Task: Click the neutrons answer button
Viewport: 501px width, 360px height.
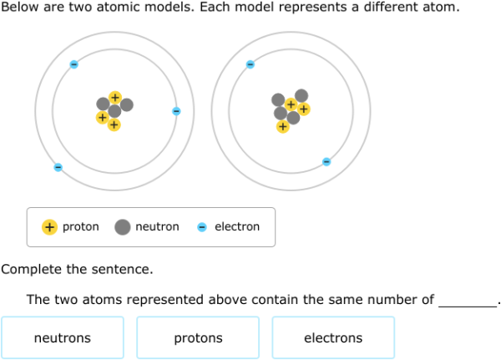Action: (63, 337)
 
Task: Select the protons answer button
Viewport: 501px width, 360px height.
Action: (198, 337)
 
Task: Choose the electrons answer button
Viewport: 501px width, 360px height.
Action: (333, 337)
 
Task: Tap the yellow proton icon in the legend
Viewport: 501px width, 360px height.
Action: (49, 227)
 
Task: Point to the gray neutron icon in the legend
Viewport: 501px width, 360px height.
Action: (123, 227)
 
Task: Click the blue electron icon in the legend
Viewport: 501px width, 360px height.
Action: (202, 227)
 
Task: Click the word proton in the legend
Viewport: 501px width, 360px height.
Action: (81, 226)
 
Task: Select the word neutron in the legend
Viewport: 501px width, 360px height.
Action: (157, 226)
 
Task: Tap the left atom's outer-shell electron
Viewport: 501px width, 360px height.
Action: (58, 167)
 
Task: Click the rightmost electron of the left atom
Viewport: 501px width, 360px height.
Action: (176, 111)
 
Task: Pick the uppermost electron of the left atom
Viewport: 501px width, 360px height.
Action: (73, 64)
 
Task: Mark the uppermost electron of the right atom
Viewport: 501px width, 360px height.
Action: (250, 64)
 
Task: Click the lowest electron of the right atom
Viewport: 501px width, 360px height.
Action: (326, 162)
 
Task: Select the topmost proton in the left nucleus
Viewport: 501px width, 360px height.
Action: (115, 98)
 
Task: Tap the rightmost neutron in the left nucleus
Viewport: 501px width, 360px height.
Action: (127, 105)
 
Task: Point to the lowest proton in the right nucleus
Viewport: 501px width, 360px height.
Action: (283, 127)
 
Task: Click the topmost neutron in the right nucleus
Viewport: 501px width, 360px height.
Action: (301, 95)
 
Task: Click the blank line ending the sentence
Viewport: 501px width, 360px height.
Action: (468, 307)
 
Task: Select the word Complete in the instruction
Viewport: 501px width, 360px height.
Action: (31, 270)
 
